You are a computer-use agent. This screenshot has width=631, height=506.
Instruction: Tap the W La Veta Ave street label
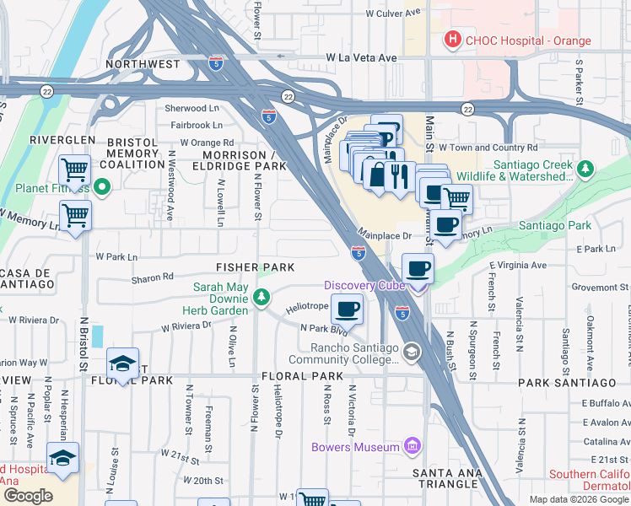(x=361, y=57)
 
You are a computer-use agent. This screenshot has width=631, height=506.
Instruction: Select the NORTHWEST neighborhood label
(x=143, y=64)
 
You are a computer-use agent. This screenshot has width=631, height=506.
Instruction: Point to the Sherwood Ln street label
(x=191, y=109)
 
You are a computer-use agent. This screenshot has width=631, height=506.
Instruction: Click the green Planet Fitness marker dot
(x=102, y=186)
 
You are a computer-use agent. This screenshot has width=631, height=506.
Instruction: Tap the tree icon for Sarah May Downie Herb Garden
(x=262, y=296)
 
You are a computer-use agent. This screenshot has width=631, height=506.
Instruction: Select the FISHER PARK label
(x=255, y=267)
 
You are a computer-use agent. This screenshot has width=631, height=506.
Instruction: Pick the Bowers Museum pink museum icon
(x=412, y=444)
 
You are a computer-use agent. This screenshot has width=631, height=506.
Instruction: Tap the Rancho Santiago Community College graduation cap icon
(x=412, y=351)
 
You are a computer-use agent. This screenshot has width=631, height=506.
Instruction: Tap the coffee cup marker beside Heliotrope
(x=347, y=309)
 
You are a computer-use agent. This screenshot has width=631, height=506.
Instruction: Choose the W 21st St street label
(x=181, y=462)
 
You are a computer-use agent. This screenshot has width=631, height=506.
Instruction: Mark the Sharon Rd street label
(x=152, y=276)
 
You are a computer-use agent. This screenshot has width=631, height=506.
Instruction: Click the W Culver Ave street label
(x=392, y=14)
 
